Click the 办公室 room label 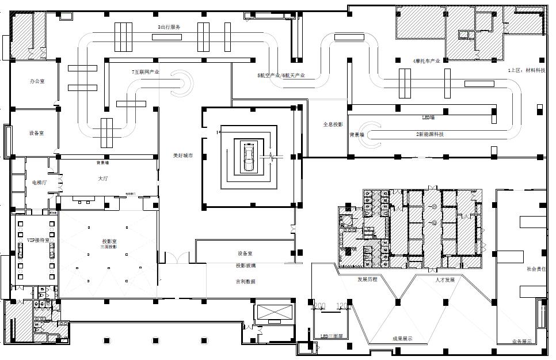pos(37,82)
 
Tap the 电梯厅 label pos(39,182)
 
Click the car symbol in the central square pos(249,156)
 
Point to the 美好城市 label pos(182,156)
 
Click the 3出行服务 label pos(169,27)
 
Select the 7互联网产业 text pos(145,72)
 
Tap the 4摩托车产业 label pos(426,60)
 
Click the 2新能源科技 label pos(430,134)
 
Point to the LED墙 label pos(428,117)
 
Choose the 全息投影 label pos(333,124)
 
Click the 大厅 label pos(104,179)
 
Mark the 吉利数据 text pos(245,281)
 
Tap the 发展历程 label pos(367,279)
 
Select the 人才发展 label pos(445,279)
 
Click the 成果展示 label pos(402,339)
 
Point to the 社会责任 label pos(535,268)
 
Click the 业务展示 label pos(521,342)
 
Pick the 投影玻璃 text pos(245,266)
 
